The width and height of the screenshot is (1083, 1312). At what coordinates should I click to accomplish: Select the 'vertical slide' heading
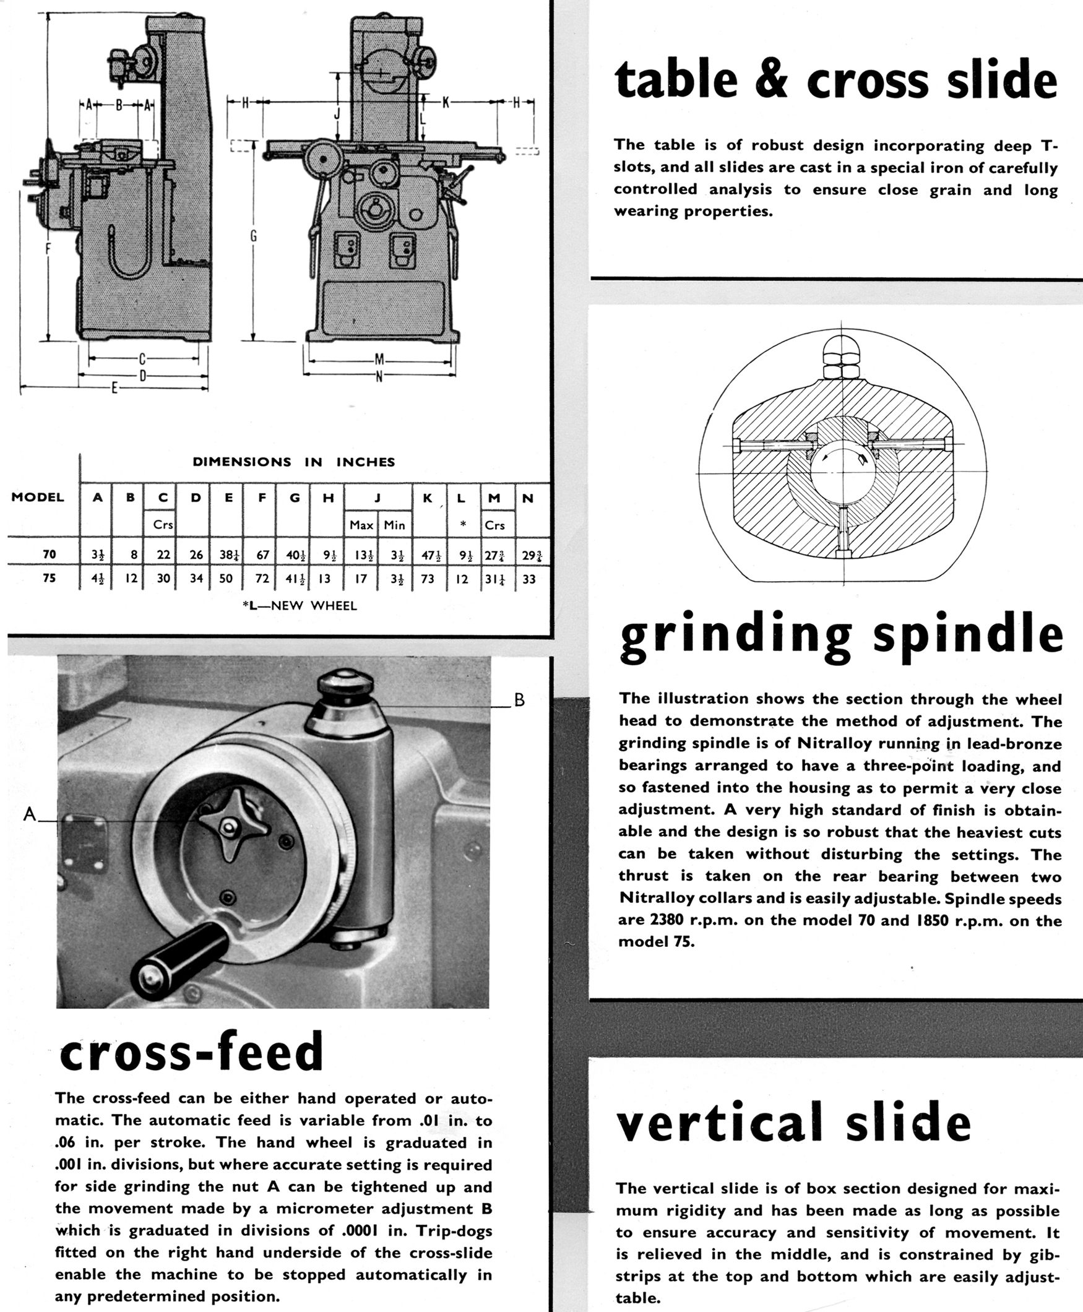click(x=793, y=1123)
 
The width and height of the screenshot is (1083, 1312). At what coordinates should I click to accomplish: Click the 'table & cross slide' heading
click(x=836, y=79)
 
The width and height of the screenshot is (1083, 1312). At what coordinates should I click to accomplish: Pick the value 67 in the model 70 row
click(x=262, y=554)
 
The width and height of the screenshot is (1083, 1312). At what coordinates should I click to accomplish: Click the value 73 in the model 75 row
click(x=428, y=578)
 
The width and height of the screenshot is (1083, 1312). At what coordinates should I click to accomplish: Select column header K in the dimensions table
click(x=428, y=498)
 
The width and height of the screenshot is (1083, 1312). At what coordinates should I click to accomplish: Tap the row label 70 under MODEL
click(x=50, y=554)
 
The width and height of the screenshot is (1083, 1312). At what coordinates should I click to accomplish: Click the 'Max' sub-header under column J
click(x=361, y=525)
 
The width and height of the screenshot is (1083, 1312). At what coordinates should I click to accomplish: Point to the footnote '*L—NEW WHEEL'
click(x=300, y=605)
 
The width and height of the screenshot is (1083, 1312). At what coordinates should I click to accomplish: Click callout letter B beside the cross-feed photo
click(x=519, y=700)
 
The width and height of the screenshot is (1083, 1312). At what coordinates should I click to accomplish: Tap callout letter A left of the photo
click(x=28, y=814)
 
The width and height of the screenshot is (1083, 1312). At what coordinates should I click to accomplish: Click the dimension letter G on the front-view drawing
click(x=254, y=236)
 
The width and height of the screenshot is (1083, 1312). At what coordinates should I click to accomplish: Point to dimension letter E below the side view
click(x=114, y=389)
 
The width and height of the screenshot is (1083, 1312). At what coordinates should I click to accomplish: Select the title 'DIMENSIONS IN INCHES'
click(x=294, y=462)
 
